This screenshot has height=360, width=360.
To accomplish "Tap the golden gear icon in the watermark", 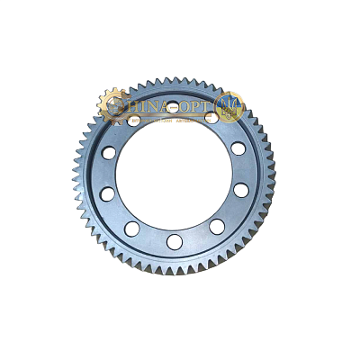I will click(x=112, y=105).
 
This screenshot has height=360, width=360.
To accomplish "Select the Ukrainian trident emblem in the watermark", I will click(x=230, y=105).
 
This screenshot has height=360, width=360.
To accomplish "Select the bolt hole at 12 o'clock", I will click(x=174, y=108).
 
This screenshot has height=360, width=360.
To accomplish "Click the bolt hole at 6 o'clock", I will click(x=175, y=242).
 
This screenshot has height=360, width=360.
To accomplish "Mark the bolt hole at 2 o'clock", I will click(x=238, y=148).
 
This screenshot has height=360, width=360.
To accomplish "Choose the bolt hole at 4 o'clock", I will click(x=241, y=191).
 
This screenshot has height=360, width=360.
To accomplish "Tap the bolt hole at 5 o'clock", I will click(x=217, y=226).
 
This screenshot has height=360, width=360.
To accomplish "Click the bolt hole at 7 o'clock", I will click(x=132, y=229).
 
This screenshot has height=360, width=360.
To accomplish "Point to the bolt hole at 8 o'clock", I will click(x=107, y=194).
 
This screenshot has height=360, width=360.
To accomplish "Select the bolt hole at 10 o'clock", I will click(x=109, y=153).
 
